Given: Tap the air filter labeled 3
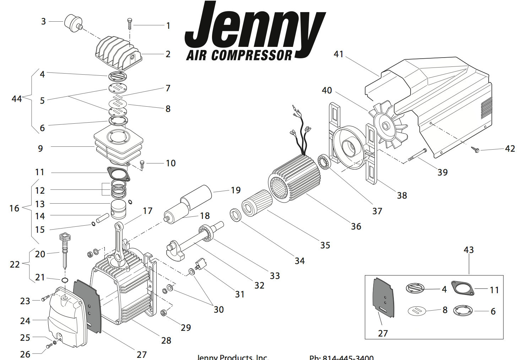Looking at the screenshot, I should point(72,22).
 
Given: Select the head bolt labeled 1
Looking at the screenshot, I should point(130,24).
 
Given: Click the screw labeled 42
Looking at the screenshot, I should point(476,150).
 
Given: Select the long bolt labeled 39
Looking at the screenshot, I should point(417,155).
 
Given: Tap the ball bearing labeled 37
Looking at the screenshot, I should point(324,162).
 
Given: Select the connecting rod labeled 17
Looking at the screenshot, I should point(120,245).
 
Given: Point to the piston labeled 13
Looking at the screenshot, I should point(119,209).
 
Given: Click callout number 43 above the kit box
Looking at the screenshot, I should point(469,250).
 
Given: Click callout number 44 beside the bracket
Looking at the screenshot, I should point(17,99).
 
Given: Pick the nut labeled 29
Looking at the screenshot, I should point(164,313).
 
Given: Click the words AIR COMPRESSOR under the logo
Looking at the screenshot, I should point(239,55).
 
